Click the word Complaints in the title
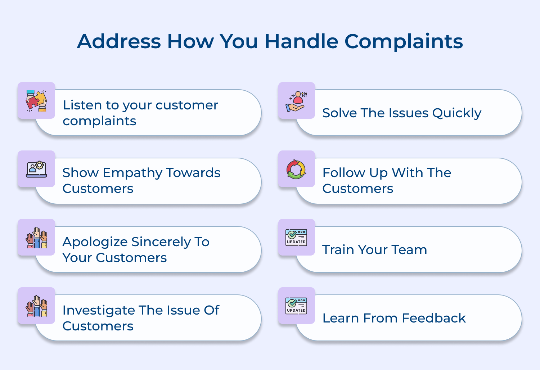[404, 41]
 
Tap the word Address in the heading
[119, 41]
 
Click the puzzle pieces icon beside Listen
[36, 100]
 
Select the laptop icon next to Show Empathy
[36, 169]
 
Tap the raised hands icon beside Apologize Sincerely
[36, 238]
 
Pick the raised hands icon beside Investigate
[36, 306]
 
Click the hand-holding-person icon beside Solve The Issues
[297, 101]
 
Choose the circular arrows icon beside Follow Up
[296, 169]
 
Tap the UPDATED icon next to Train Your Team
[296, 238]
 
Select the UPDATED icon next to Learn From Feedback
[296, 306]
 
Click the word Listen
[82, 105]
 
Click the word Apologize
[95, 242]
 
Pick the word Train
[338, 250]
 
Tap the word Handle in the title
[301, 41]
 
